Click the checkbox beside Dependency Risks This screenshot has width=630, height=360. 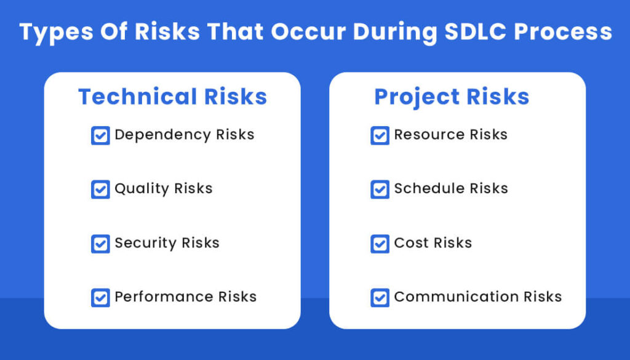tap(100, 135)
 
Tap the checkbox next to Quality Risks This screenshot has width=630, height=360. tap(100, 190)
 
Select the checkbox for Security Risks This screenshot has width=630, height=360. tap(100, 244)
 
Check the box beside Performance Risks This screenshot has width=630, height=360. tap(100, 298)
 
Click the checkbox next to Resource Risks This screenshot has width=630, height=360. tap(380, 135)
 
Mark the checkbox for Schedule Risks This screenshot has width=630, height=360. tap(380, 190)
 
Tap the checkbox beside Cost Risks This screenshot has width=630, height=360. tap(380, 244)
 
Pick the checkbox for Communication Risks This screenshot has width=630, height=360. tap(380, 298)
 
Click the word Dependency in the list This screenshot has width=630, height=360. tap(154, 135)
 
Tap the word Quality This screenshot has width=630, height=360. tap(142, 189)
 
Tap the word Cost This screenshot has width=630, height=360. tap(410, 242)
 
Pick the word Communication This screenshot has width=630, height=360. tap(457, 297)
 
